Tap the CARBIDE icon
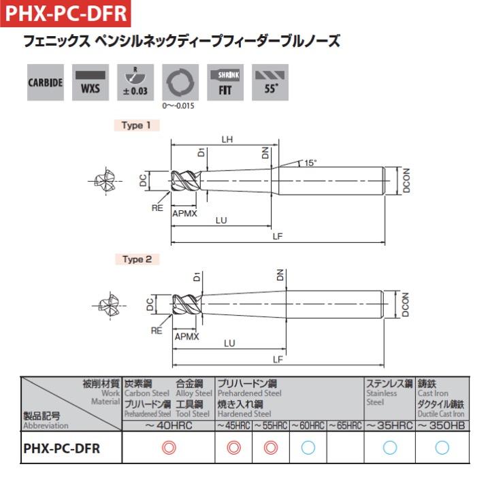[x=46, y=82]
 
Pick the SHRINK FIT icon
[x=225, y=82]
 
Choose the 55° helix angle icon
[x=270, y=82]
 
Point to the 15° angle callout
[x=310, y=163]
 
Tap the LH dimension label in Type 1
[x=227, y=140]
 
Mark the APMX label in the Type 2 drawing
[x=186, y=336]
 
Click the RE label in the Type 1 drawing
[x=157, y=208]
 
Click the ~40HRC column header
[x=168, y=425]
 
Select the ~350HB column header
[x=441, y=425]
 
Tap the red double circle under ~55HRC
[x=270, y=448]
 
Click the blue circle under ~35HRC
[x=389, y=448]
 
